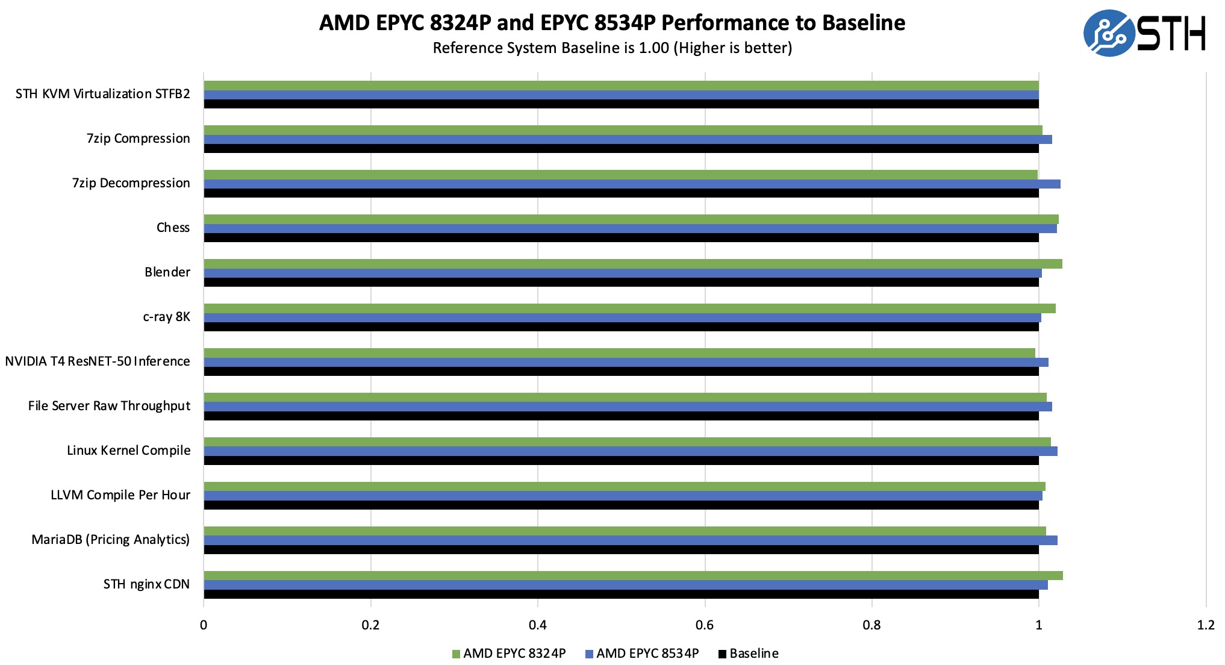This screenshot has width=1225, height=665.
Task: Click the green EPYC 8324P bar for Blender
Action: pos(632,264)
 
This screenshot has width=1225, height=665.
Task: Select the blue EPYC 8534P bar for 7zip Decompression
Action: pos(632,184)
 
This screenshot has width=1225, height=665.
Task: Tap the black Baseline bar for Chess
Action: pos(620,238)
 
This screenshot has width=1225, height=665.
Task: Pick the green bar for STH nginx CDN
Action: pos(632,575)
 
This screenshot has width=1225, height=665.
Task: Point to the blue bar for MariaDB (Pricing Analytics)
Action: pos(630,540)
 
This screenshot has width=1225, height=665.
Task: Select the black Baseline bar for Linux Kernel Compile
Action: pos(620,461)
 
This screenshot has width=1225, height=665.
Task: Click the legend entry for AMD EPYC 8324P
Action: pos(509,654)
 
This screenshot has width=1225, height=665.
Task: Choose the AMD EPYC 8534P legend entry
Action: pos(642,654)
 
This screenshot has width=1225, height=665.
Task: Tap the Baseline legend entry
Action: pos(749,654)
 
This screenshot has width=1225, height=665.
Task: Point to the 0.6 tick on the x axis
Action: pos(705,625)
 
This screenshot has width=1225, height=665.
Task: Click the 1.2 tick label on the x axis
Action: pos(1206,625)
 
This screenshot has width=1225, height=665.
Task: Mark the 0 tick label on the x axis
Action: pos(204,625)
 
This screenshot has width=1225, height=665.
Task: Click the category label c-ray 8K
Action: pos(166,317)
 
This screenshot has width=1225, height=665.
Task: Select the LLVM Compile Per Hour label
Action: pos(120,495)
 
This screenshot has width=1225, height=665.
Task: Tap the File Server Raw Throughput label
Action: pos(109,406)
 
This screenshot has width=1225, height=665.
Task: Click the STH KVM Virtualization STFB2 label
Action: pos(102,94)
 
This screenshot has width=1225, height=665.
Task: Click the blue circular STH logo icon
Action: pos(1108,33)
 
